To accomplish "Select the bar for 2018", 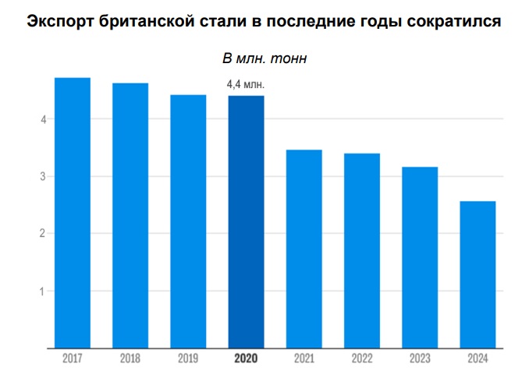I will point(130,215).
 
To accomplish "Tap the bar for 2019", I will point(188,221).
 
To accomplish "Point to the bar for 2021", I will point(304,248).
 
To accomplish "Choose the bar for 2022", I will point(361,250).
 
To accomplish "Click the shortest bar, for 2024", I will point(477,274).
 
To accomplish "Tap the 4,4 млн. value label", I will point(246,84).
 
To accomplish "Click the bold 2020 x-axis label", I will point(246,360).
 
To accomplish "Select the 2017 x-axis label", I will point(73,360).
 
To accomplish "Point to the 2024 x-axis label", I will point(477,360).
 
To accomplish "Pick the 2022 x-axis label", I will point(361,360).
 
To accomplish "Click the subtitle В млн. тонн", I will point(260,59).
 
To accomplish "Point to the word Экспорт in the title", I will point(59,22).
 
